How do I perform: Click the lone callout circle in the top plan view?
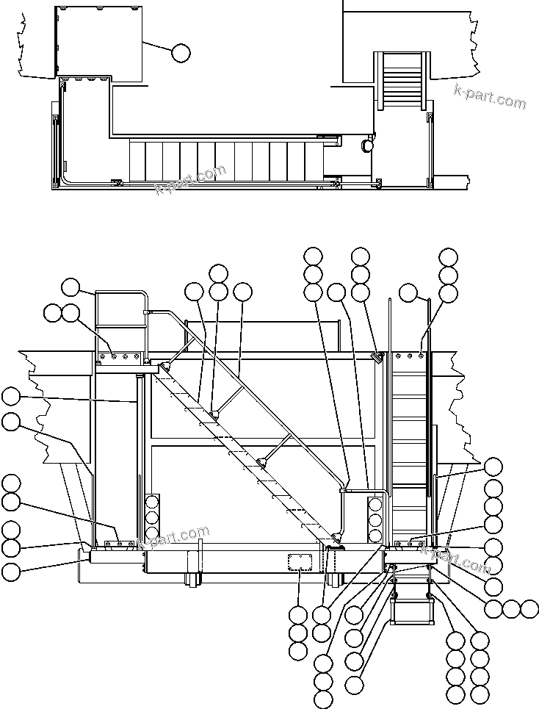point(180,53)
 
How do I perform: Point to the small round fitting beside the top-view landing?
point(366,145)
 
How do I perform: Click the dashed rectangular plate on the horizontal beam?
point(300,562)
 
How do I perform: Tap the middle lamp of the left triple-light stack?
point(152,518)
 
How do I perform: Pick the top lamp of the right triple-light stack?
point(375,505)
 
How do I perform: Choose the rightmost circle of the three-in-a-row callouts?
point(529,608)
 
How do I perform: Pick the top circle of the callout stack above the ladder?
point(448,256)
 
